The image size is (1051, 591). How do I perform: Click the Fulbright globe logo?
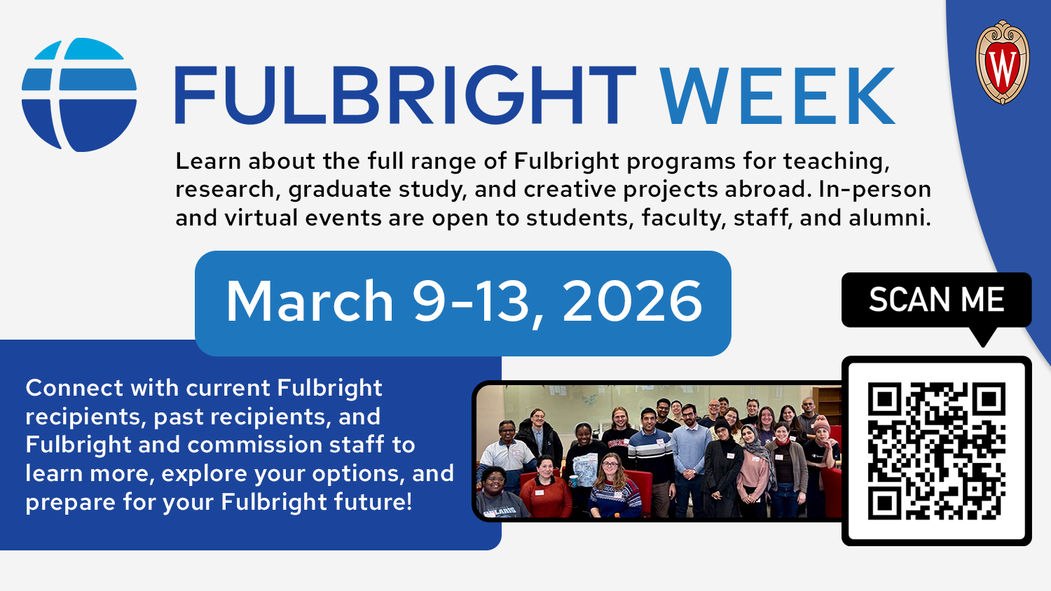pyautogui.click(x=79, y=95)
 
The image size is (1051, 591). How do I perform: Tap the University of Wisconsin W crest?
pyautogui.click(x=1002, y=63)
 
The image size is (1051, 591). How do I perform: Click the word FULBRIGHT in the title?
pyautogui.click(x=406, y=96)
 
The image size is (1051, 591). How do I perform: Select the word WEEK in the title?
pyautogui.click(x=778, y=96)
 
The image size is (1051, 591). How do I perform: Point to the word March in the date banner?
pyautogui.click(x=310, y=302)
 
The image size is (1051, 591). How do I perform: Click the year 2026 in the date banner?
pyautogui.click(x=632, y=302)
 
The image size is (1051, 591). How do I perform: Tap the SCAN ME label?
pyautogui.click(x=936, y=300)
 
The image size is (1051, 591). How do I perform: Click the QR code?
pyautogui.click(x=937, y=451)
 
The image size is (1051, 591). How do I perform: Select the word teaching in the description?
pyautogui.click(x=836, y=162)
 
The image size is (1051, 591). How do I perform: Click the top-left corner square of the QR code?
pyautogui.click(x=884, y=400)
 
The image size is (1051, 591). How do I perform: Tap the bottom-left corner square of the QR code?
pyautogui.click(x=884, y=503)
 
